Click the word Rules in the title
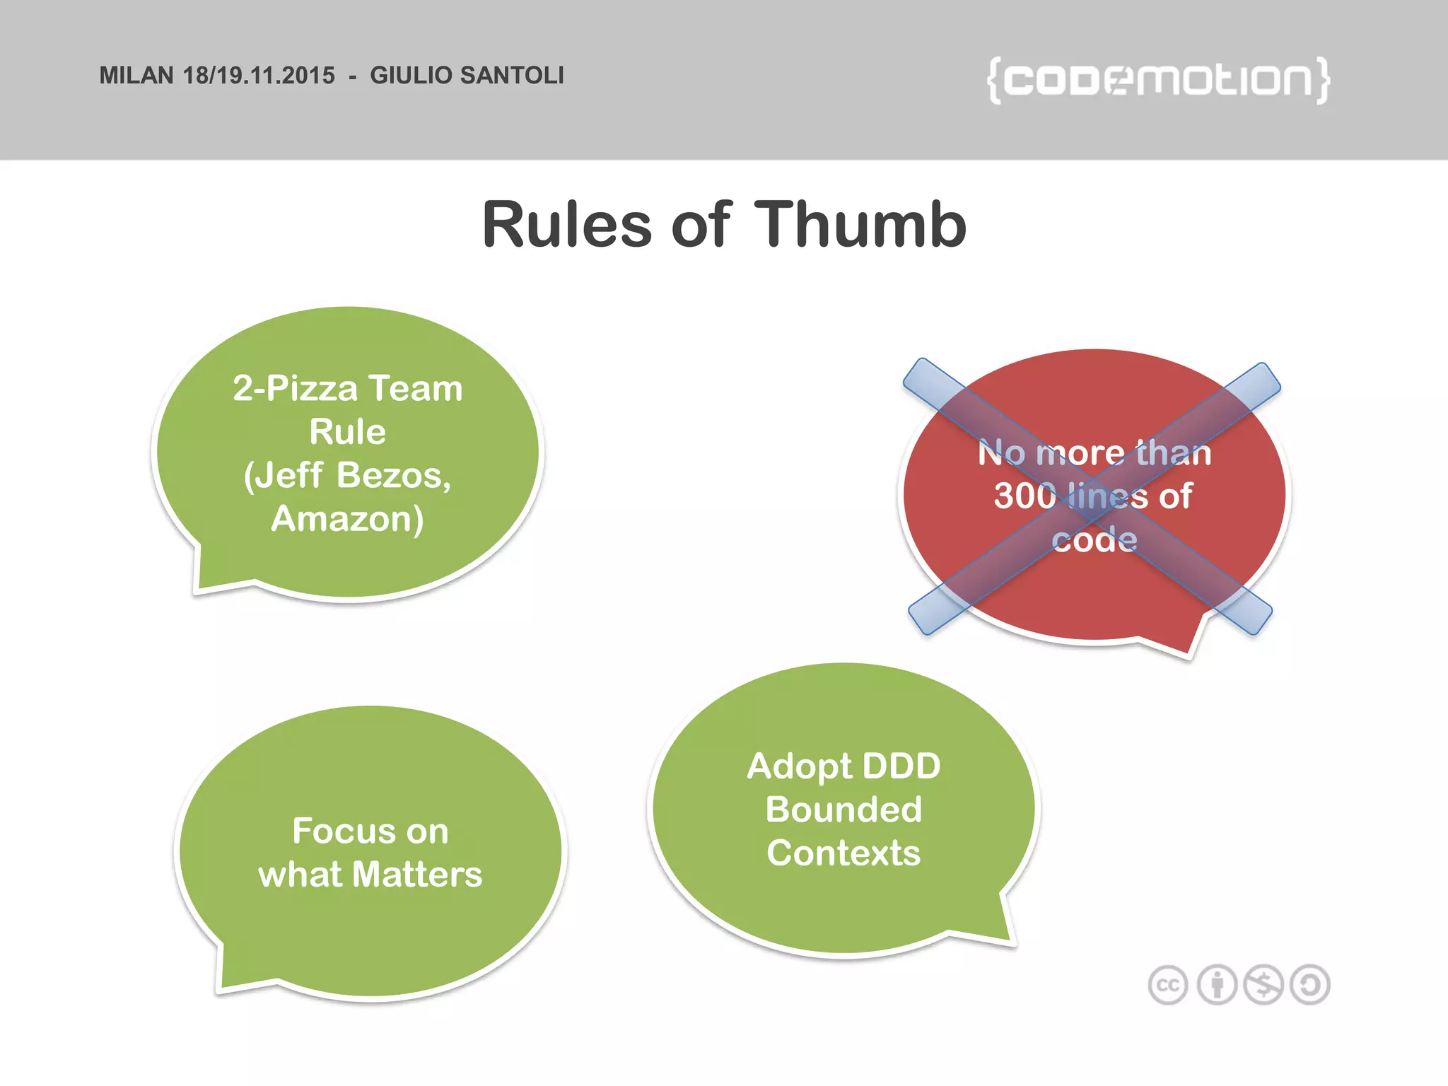(566, 225)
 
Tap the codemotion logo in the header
(1158, 80)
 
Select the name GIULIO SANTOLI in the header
(467, 75)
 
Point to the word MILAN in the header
(136, 75)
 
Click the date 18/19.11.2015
(259, 75)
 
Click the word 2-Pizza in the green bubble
(295, 389)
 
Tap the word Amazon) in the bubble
(347, 519)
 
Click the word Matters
(417, 875)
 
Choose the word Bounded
(843, 810)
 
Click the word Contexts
(843, 853)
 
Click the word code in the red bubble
(1094, 539)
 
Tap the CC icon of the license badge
(1168, 985)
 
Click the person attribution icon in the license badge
(1216, 985)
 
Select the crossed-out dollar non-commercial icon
(1263, 985)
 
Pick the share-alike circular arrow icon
(1310, 985)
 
